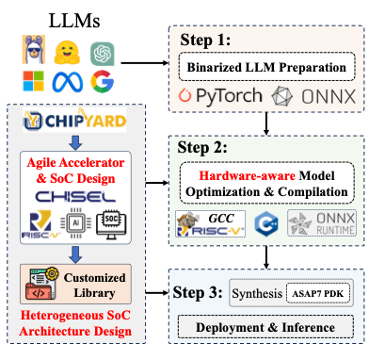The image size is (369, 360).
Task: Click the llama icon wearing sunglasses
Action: [34, 50]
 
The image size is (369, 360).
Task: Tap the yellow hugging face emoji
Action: [67, 53]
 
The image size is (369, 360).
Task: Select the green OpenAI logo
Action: [103, 54]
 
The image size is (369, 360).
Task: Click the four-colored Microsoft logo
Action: [33, 81]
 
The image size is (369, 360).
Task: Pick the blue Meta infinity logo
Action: [68, 82]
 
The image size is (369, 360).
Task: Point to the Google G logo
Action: [102, 81]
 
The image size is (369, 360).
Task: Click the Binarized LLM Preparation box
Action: [266, 67]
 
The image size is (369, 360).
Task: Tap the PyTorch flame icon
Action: [184, 95]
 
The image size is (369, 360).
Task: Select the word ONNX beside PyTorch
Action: [329, 96]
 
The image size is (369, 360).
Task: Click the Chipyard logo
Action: [74, 120]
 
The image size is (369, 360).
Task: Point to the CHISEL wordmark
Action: [75, 197]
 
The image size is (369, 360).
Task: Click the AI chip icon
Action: [76, 223]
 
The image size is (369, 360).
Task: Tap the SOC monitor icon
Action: [111, 224]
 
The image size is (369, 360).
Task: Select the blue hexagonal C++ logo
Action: [266, 223]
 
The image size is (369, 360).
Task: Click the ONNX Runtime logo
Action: [322, 223]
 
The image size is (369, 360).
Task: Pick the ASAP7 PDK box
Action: [318, 294]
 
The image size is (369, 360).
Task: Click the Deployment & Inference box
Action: [265, 327]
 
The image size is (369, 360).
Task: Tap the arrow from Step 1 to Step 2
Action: [266, 123]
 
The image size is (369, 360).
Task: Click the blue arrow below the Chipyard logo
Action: [75, 142]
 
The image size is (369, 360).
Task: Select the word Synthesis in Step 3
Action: [257, 293]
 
